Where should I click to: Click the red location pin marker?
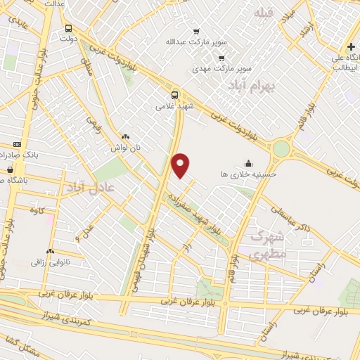(x=181, y=165)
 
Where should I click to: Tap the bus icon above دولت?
(x=68, y=29)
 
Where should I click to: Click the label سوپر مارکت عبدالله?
(x=188, y=42)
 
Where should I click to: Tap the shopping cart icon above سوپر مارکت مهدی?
(x=221, y=58)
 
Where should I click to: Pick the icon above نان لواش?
(x=125, y=137)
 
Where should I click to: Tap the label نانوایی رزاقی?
(x=48, y=262)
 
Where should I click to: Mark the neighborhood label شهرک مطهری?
(x=268, y=245)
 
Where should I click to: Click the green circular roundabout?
(x=281, y=148)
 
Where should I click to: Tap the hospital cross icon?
(x=350, y=46)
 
